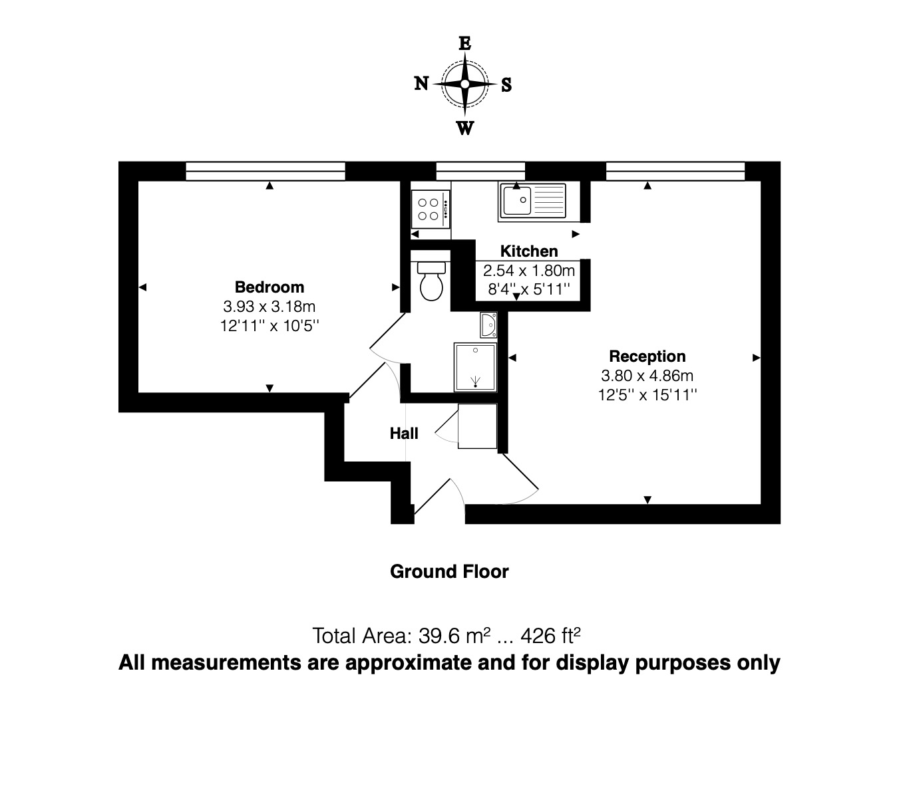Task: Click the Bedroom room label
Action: point(270,287)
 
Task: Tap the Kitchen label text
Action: point(529,251)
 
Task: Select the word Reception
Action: point(647,356)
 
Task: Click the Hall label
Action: point(404,434)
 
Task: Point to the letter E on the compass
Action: point(465,44)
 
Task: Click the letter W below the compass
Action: point(464,128)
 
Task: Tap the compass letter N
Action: point(421,83)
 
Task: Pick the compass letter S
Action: point(506,85)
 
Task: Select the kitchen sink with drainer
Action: point(532,201)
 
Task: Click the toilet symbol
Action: point(431,281)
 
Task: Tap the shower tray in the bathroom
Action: point(475,367)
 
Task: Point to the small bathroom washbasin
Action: point(488,325)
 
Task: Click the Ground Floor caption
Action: point(449,572)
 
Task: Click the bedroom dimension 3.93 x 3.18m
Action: point(269,307)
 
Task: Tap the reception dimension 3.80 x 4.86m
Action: point(647,376)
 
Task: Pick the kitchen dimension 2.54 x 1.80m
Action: point(529,271)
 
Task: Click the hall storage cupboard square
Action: point(477,426)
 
